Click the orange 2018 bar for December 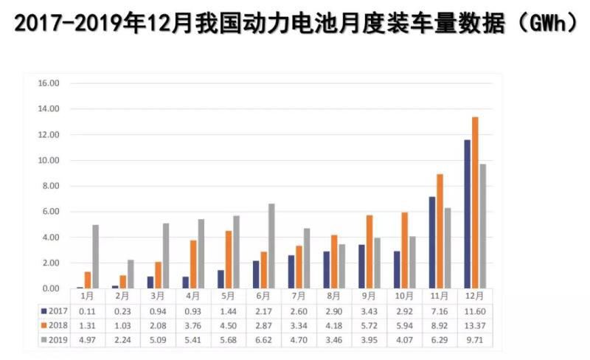pos(475,203)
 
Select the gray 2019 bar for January pos(95,257)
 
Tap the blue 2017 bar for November pos(432,243)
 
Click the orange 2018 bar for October pos(403,250)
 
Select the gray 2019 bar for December pos(483,226)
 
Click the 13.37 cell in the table pos(475,325)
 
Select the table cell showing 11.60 pos(475,311)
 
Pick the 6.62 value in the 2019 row pos(263,339)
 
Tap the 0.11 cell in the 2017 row pos(87,311)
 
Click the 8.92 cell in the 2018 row pos(440,325)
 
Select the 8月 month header pos(333,297)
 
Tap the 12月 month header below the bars pos(475,297)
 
